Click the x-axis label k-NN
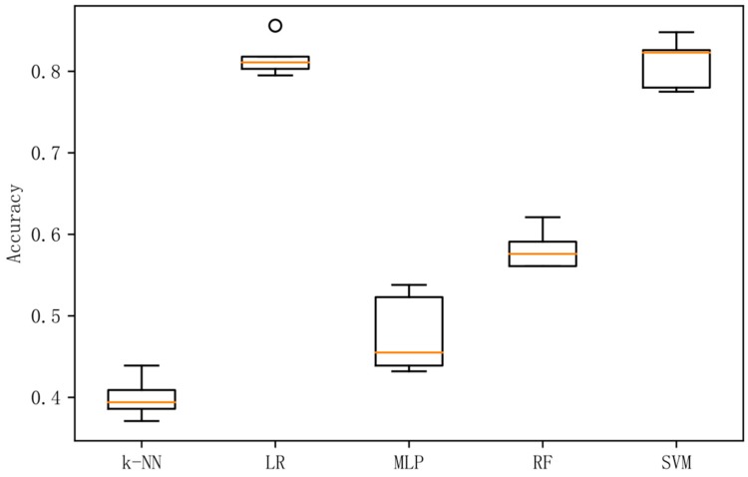pyautogui.click(x=141, y=464)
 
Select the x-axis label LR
pyautogui.click(x=275, y=464)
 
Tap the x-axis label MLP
pyautogui.click(x=409, y=464)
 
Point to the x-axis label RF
pyautogui.click(x=543, y=464)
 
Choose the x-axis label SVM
pyautogui.click(x=676, y=464)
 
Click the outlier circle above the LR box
pyautogui.click(x=275, y=25)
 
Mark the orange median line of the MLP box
pyautogui.click(x=409, y=352)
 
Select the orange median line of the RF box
pyautogui.click(x=543, y=253)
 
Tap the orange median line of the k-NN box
pyautogui.click(x=141, y=402)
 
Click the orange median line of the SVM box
pyautogui.click(x=676, y=51)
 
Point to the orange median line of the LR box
pyautogui.click(x=275, y=62)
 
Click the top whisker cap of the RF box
pyautogui.click(x=543, y=217)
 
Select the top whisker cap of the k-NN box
pyautogui.click(x=141, y=365)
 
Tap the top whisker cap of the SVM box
pyautogui.click(x=676, y=32)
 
